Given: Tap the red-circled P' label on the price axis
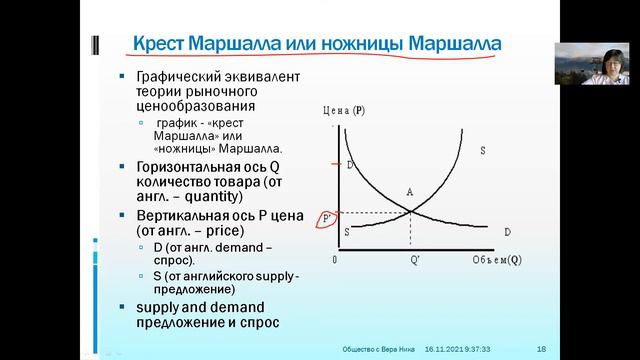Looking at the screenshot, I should [x=324, y=217].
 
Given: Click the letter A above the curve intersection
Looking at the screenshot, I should [x=409, y=192].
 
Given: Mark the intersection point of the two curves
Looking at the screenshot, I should [x=411, y=210].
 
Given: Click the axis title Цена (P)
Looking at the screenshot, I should [x=346, y=112].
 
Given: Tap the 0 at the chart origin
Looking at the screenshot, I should [x=335, y=260].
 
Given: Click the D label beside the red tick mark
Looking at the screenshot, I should [x=351, y=163].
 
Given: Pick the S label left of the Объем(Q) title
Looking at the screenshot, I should [x=482, y=151].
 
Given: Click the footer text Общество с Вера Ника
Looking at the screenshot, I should [x=377, y=347].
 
